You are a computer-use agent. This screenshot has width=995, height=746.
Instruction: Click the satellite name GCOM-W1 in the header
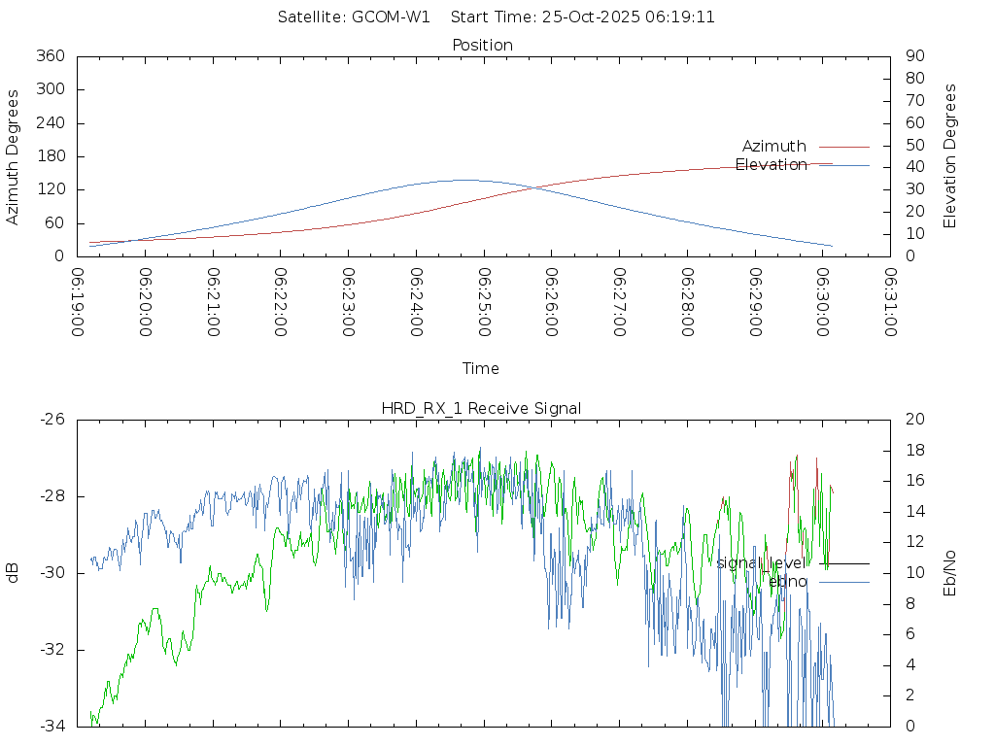(391, 17)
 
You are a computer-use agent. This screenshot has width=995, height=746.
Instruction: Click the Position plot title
(482, 45)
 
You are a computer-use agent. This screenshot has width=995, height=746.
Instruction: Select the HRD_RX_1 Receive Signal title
(481, 408)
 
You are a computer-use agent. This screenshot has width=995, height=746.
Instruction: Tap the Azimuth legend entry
(774, 146)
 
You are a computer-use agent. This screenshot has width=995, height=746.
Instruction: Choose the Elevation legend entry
(771, 165)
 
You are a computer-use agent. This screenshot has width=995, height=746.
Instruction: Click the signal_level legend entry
(760, 563)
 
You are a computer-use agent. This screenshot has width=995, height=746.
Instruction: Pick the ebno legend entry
(788, 581)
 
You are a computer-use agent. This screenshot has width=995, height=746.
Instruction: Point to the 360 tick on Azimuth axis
(50, 56)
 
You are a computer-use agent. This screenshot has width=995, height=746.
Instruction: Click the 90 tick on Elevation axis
(913, 56)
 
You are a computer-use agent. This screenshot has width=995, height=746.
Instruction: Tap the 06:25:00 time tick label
(483, 302)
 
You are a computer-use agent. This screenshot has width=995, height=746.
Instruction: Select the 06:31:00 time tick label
(889, 302)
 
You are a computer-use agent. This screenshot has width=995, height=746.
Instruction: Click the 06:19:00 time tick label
(77, 302)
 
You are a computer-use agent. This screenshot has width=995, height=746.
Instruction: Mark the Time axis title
(481, 368)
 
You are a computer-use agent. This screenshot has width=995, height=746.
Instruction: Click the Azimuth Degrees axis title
(13, 156)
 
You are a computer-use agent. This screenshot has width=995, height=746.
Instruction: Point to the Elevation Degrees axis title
(950, 156)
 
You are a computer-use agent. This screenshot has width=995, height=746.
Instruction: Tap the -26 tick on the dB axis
(52, 420)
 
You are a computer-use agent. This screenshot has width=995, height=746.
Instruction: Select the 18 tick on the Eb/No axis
(913, 451)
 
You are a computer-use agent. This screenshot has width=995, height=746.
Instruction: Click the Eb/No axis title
(950, 572)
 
